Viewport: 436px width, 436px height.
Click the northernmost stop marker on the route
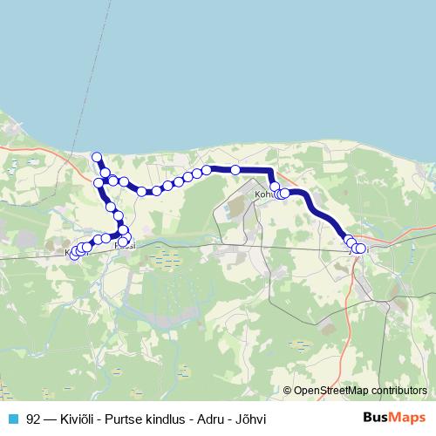coord(97,157)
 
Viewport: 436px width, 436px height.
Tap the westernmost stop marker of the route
coord(73,254)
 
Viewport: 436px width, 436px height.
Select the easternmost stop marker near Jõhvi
coord(360,249)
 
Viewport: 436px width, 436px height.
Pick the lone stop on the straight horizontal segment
coord(235,169)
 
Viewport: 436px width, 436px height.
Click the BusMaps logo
coord(395,419)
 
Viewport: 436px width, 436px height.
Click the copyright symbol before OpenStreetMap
coord(289,390)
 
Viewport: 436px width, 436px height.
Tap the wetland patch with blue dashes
coord(166,259)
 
